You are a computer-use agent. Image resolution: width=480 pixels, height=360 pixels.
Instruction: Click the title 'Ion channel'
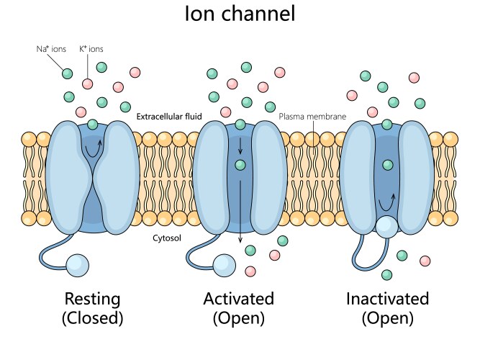[240, 14]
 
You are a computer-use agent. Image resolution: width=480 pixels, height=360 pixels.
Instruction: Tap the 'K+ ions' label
[91, 49]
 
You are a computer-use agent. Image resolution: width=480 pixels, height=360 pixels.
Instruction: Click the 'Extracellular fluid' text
[169, 116]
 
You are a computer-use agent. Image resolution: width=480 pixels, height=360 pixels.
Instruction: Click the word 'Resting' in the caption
[93, 298]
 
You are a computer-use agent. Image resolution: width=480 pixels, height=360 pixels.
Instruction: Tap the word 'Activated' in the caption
[238, 298]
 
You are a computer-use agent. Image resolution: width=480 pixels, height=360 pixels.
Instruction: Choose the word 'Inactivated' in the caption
[387, 298]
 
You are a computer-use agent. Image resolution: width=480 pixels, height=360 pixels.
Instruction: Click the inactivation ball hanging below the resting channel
[78, 265]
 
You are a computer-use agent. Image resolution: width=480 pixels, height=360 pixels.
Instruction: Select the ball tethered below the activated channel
[225, 265]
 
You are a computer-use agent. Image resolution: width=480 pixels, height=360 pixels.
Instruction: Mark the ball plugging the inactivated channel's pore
[386, 225]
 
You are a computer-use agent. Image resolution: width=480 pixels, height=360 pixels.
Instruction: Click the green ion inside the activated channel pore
[240, 165]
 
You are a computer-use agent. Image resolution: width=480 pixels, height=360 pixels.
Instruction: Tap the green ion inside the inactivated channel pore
[388, 165]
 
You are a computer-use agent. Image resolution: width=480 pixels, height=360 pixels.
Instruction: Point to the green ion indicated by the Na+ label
[68, 73]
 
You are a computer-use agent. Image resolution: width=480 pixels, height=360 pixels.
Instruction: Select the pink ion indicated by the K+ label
[86, 84]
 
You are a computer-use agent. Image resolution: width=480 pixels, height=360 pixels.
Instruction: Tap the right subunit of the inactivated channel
[416, 173]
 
